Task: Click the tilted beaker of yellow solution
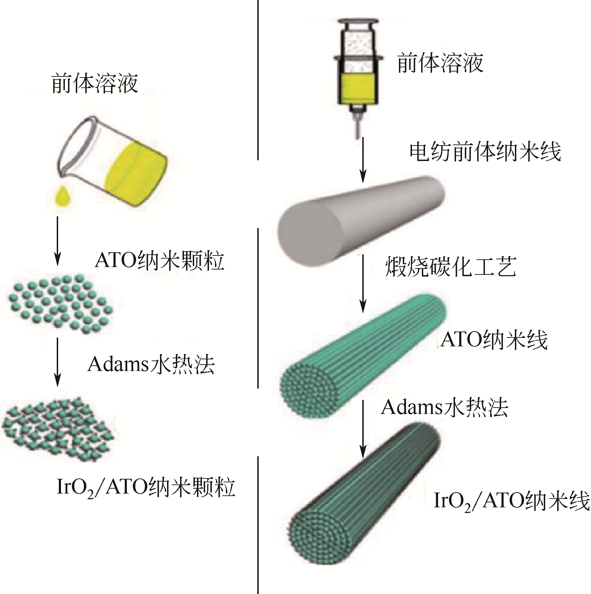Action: pyautogui.click(x=113, y=162)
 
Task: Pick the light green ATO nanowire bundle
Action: pyautogui.click(x=363, y=356)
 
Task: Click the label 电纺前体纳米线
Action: pyautogui.click(x=485, y=152)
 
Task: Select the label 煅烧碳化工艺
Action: pyautogui.click(x=451, y=267)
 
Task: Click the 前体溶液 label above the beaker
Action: pyautogui.click(x=94, y=84)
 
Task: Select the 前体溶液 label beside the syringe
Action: pyautogui.click(x=440, y=63)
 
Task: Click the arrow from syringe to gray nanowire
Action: pyautogui.click(x=363, y=160)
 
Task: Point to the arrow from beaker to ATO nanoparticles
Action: pyautogui.click(x=57, y=241)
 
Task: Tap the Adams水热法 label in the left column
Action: pyautogui.click(x=151, y=364)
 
